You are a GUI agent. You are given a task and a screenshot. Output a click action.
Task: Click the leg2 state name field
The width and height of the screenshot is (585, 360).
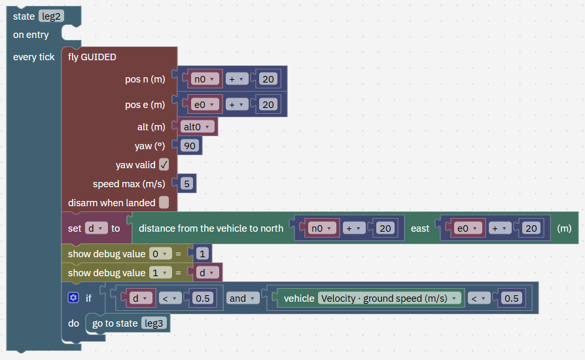pyautogui.click(x=52, y=16)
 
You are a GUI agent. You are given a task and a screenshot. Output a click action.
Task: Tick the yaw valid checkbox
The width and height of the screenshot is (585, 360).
pyautogui.click(x=164, y=164)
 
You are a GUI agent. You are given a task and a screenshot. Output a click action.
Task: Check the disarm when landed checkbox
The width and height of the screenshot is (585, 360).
pyautogui.click(x=164, y=202)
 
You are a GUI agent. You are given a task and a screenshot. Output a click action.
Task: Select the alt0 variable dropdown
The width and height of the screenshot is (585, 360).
pyautogui.click(x=197, y=127)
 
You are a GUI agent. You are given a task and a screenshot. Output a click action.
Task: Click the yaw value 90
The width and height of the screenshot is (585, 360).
pyautogui.click(x=190, y=146)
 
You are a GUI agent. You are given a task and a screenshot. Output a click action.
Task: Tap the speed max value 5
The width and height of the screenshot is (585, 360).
pyautogui.click(x=187, y=183)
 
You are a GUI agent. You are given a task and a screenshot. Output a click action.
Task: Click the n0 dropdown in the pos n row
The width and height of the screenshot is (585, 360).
pyautogui.click(x=204, y=79)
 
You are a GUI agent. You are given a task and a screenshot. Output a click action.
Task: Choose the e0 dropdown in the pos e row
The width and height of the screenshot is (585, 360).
pyautogui.click(x=204, y=105)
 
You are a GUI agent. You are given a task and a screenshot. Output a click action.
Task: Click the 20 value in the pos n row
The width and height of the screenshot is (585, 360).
pyautogui.click(x=268, y=79)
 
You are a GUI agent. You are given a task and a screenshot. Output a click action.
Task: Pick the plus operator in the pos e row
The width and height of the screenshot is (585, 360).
pyautogui.click(x=236, y=105)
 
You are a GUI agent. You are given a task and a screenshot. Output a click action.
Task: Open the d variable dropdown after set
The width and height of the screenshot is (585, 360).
pyautogui.click(x=96, y=228)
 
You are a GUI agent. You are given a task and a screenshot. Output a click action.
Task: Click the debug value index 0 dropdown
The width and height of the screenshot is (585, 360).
pyautogui.click(x=160, y=254)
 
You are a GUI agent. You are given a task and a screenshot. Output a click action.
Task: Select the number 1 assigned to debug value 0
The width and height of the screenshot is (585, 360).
pyautogui.click(x=202, y=254)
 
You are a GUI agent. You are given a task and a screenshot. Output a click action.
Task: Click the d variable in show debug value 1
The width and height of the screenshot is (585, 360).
pyautogui.click(x=207, y=273)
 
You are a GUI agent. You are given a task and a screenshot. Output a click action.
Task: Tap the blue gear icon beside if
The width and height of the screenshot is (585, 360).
pyautogui.click(x=73, y=298)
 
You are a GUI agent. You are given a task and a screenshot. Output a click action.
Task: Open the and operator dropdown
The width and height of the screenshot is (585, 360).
pyautogui.click(x=243, y=298)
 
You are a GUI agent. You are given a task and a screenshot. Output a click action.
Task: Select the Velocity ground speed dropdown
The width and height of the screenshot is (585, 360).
pyautogui.click(x=389, y=298)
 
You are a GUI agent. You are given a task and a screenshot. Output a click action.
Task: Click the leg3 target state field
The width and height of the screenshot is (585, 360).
pyautogui.click(x=154, y=323)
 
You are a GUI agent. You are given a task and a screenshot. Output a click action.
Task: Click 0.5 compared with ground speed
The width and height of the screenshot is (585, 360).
pyautogui.click(x=511, y=298)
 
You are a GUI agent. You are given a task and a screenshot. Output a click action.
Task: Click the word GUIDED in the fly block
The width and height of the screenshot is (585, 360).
pyautogui.click(x=99, y=57)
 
